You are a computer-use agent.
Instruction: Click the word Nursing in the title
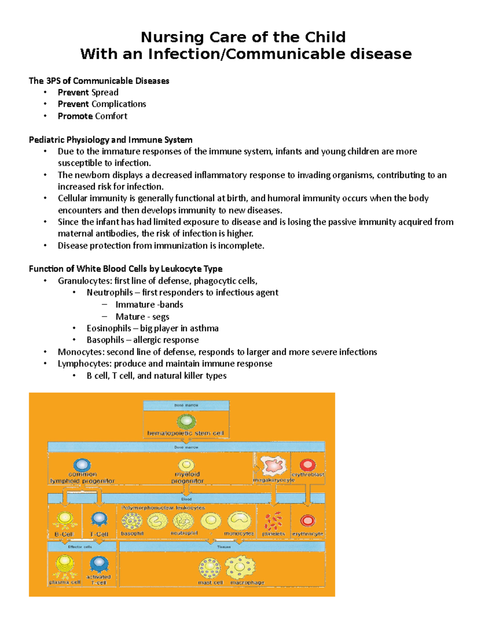click(172, 37)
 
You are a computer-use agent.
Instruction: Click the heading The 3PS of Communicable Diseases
click(99, 81)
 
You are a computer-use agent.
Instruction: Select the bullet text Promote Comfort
click(92, 116)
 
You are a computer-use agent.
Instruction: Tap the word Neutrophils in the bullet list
click(109, 292)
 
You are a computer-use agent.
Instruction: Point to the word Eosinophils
click(109, 328)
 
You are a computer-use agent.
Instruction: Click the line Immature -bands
click(149, 304)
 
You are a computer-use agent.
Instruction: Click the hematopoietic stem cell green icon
click(186, 421)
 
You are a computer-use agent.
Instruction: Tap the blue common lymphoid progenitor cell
click(82, 465)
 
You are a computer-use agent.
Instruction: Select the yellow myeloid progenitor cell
click(187, 465)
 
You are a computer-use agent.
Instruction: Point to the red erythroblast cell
click(307, 465)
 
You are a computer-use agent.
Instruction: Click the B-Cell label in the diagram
click(64, 534)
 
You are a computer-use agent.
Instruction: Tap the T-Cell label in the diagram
click(99, 534)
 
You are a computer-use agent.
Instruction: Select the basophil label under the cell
click(132, 533)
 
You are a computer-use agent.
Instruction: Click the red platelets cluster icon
click(273, 521)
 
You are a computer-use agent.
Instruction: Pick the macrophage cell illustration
click(240, 567)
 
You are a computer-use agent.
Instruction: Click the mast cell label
click(210, 582)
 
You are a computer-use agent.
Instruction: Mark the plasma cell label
click(65, 582)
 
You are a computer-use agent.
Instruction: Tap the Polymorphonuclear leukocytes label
click(163, 508)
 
